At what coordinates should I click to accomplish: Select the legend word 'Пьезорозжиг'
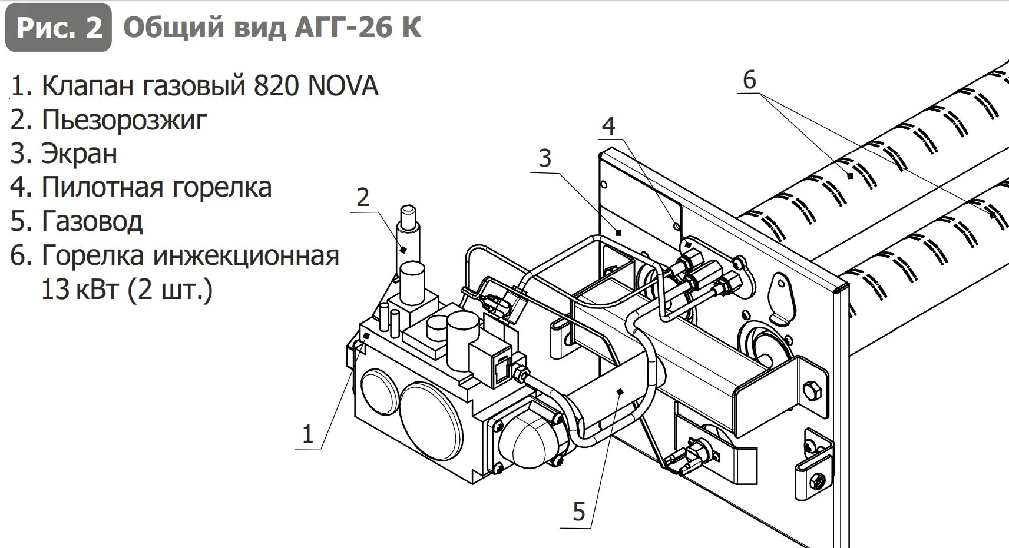click(x=124, y=120)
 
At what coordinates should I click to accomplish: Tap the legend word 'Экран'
click(x=79, y=154)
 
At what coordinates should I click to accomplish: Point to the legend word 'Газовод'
click(x=92, y=222)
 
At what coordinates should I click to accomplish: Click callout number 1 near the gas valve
click(x=307, y=434)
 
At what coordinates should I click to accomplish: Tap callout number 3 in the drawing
click(x=545, y=158)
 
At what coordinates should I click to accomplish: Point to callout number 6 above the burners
click(x=749, y=79)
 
